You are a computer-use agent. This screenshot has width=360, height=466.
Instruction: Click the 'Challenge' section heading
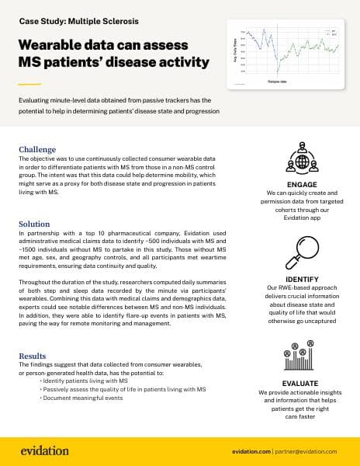click(x=37, y=149)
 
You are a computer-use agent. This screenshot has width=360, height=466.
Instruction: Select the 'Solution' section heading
click(x=34, y=224)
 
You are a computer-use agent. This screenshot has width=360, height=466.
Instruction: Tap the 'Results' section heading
click(x=34, y=356)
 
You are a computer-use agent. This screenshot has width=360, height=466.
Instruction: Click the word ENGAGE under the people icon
click(x=298, y=183)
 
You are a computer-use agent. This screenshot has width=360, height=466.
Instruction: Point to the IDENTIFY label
click(x=298, y=278)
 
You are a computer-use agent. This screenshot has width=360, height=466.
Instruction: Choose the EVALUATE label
click(x=298, y=383)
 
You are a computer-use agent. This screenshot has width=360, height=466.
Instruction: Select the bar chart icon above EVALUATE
click(x=298, y=358)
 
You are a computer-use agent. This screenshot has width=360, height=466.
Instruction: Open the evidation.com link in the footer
click(x=260, y=451)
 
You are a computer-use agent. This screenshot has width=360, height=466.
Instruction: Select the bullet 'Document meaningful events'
click(x=82, y=398)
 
